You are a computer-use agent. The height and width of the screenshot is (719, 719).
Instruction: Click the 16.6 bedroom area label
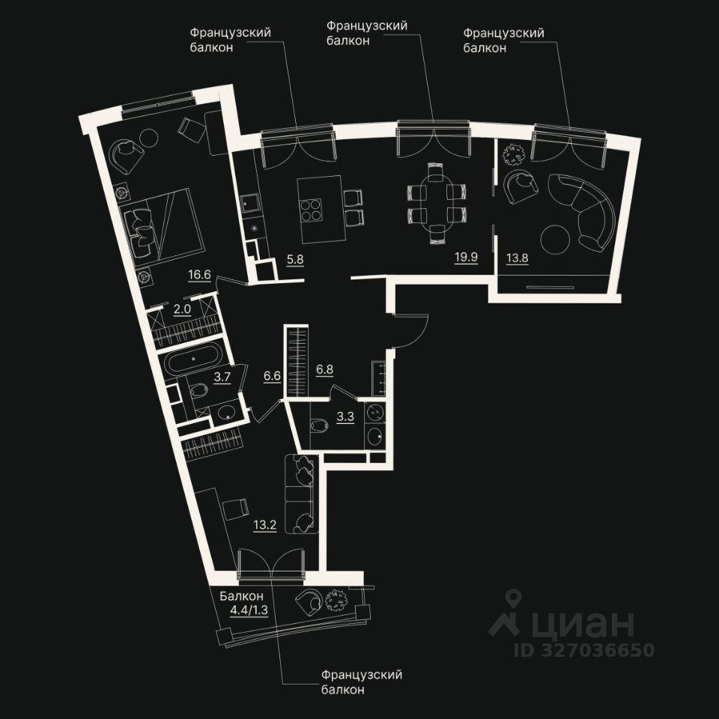198,276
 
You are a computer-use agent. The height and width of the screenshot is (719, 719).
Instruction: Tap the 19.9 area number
466,258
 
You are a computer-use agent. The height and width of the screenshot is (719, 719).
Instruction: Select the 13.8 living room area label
517,258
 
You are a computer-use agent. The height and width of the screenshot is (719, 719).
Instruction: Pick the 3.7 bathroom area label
222,377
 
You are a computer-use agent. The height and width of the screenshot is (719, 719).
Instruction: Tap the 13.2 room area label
265,524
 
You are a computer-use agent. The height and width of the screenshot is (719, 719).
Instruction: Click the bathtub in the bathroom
194,364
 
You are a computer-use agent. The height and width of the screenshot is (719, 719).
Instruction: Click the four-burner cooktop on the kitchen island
312,209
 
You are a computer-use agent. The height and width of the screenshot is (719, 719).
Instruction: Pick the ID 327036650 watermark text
583,649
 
